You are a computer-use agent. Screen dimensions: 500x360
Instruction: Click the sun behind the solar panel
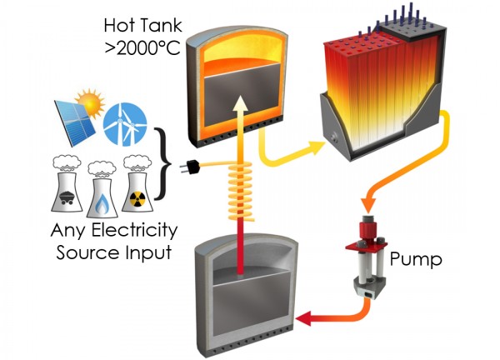pos(91,102)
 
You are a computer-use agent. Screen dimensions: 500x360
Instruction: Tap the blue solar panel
pos(75,123)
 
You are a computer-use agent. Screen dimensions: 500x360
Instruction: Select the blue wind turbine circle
pos(125,124)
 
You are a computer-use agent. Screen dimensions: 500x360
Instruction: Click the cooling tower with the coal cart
pos(67,184)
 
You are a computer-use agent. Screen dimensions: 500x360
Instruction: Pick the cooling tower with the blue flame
pos(102,190)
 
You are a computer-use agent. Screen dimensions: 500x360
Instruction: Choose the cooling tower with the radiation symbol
pos(137,184)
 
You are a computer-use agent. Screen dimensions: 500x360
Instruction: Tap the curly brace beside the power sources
pos(163,164)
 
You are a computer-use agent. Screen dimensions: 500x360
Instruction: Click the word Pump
pos(416,259)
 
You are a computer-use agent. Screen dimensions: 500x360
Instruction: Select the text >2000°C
pos(142,48)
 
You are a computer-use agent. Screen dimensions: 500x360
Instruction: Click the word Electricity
pos(134,230)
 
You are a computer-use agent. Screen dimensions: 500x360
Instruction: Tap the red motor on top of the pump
pos(367,229)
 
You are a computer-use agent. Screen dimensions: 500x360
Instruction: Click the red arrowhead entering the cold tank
pos(304,318)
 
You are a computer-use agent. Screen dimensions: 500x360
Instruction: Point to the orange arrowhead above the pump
pos(367,206)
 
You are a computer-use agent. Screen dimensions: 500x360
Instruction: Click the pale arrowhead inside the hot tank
pos(240,102)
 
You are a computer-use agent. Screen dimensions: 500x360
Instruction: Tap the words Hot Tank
pos(142,26)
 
